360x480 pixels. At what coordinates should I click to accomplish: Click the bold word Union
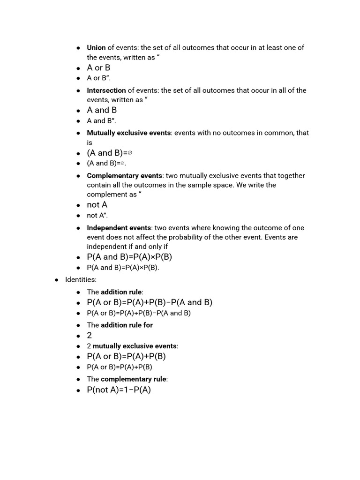click(x=96, y=48)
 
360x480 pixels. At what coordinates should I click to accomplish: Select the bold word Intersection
click(x=106, y=90)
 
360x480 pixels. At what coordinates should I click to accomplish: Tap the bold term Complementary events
click(x=125, y=176)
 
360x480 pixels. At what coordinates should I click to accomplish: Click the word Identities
click(x=81, y=280)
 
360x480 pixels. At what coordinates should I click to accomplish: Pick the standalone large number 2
click(x=90, y=336)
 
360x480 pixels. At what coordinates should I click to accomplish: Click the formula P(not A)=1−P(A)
click(x=119, y=390)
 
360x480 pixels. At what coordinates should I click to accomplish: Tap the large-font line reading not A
click(x=97, y=205)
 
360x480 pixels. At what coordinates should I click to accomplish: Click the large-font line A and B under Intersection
click(x=102, y=110)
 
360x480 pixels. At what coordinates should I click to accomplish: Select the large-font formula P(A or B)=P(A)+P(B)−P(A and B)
click(x=150, y=303)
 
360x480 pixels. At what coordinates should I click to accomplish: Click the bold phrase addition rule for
click(x=127, y=325)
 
